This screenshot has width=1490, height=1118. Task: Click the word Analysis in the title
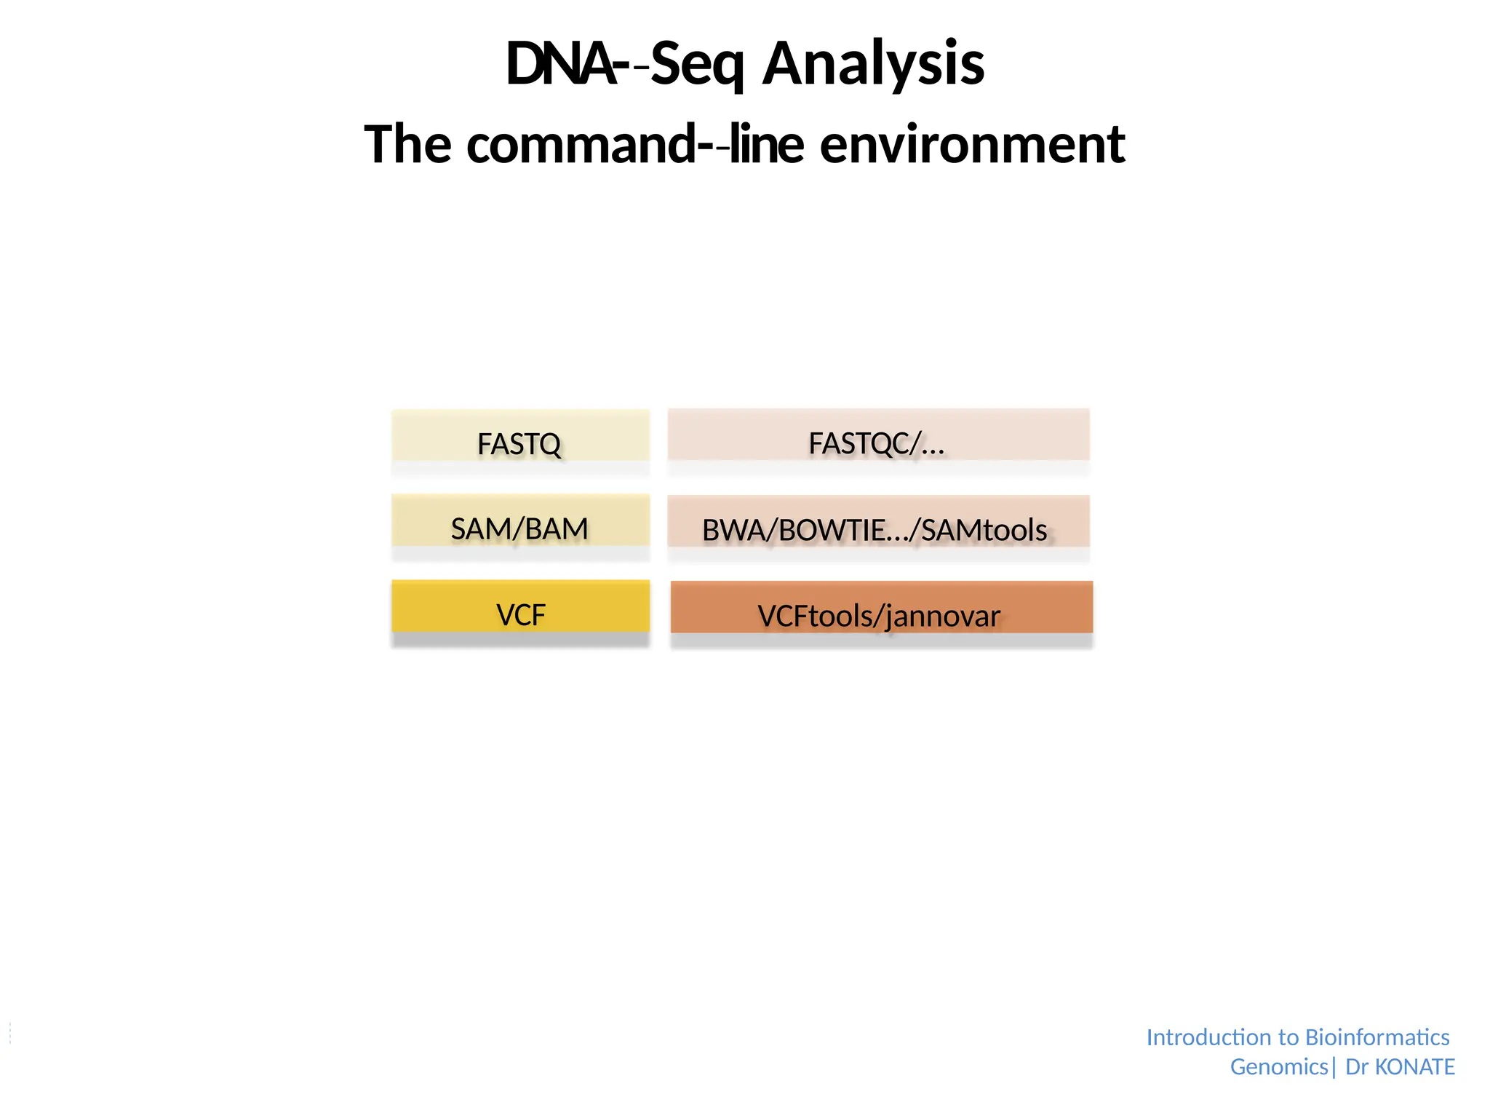pos(873,64)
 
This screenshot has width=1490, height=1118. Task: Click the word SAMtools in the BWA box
pos(984,530)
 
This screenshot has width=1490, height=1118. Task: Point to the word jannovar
pos(943,617)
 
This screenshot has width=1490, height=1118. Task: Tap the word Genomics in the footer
pos(1278,1066)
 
